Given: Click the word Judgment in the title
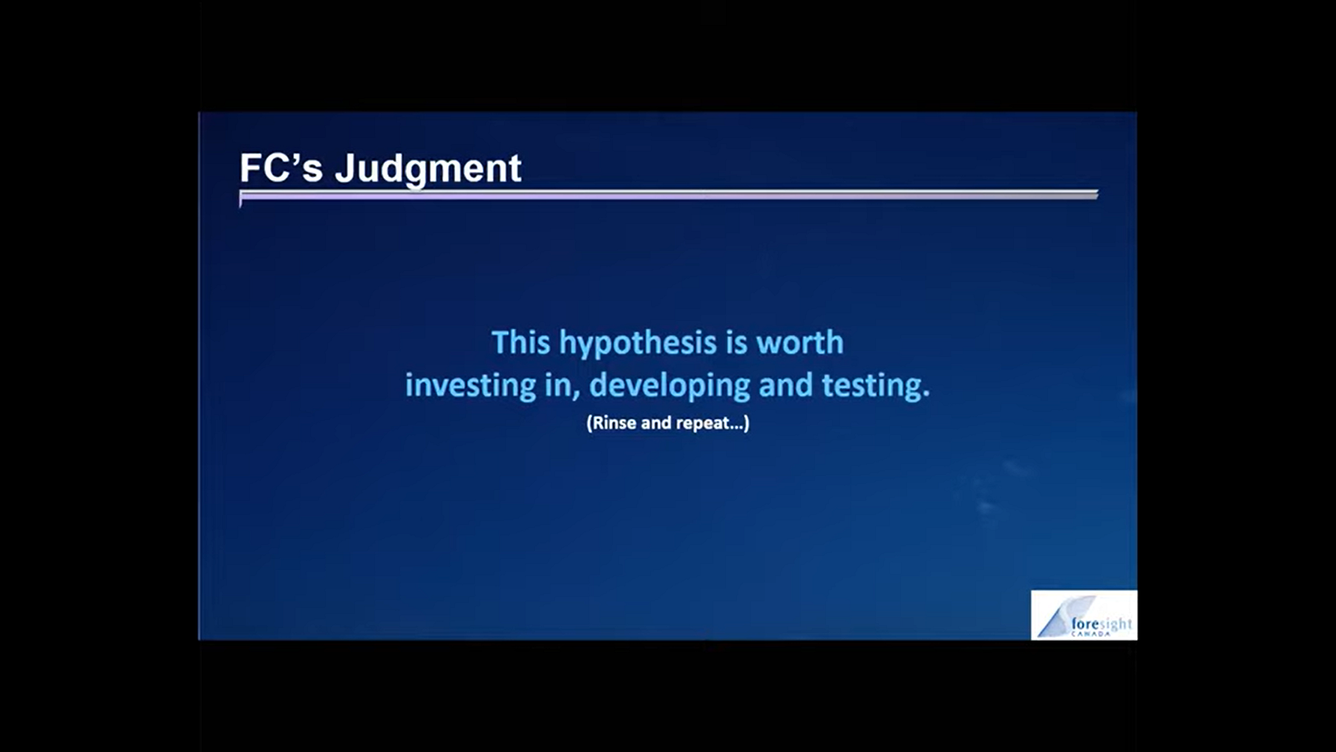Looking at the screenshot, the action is pos(428,169).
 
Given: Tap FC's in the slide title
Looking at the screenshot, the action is pos(281,168).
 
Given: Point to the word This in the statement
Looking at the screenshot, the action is pos(521,342).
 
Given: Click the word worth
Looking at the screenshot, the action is pos(799,342).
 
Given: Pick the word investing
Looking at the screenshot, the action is pos(471,386).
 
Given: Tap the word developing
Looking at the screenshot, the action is pos(669,386).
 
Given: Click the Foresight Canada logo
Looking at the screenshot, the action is pos(1084,615).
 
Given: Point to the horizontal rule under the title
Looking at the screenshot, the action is pos(669,195).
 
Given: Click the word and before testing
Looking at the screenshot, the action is pos(785,385).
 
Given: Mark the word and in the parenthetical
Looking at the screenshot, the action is pos(656,423).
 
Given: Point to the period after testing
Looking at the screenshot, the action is pos(926,396).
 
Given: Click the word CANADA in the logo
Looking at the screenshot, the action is pos(1090,634).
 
